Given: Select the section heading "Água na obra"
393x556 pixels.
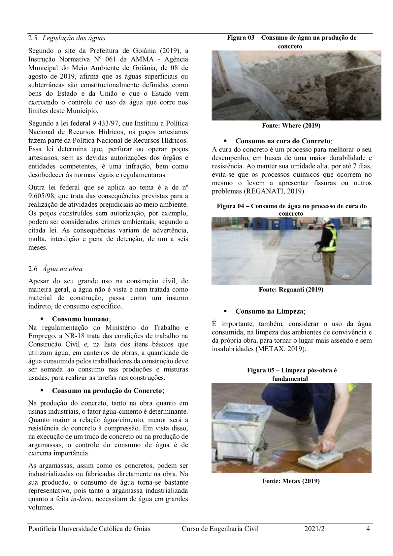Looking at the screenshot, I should coord(62,269).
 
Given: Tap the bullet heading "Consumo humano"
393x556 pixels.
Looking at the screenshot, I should coord(81,319).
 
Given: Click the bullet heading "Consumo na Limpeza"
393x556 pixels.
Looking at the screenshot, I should coord(269,311).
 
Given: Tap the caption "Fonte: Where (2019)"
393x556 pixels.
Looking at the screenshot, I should coord(291,126).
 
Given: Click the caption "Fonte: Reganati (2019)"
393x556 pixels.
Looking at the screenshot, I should coord(291,290).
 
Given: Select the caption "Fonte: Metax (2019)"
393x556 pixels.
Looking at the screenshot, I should coord(291,481).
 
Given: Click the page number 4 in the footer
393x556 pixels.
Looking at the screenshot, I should coord(368,529).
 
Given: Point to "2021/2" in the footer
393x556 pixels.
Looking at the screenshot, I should coord(314,529).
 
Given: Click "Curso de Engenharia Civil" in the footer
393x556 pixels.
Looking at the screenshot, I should coord(220,529).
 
